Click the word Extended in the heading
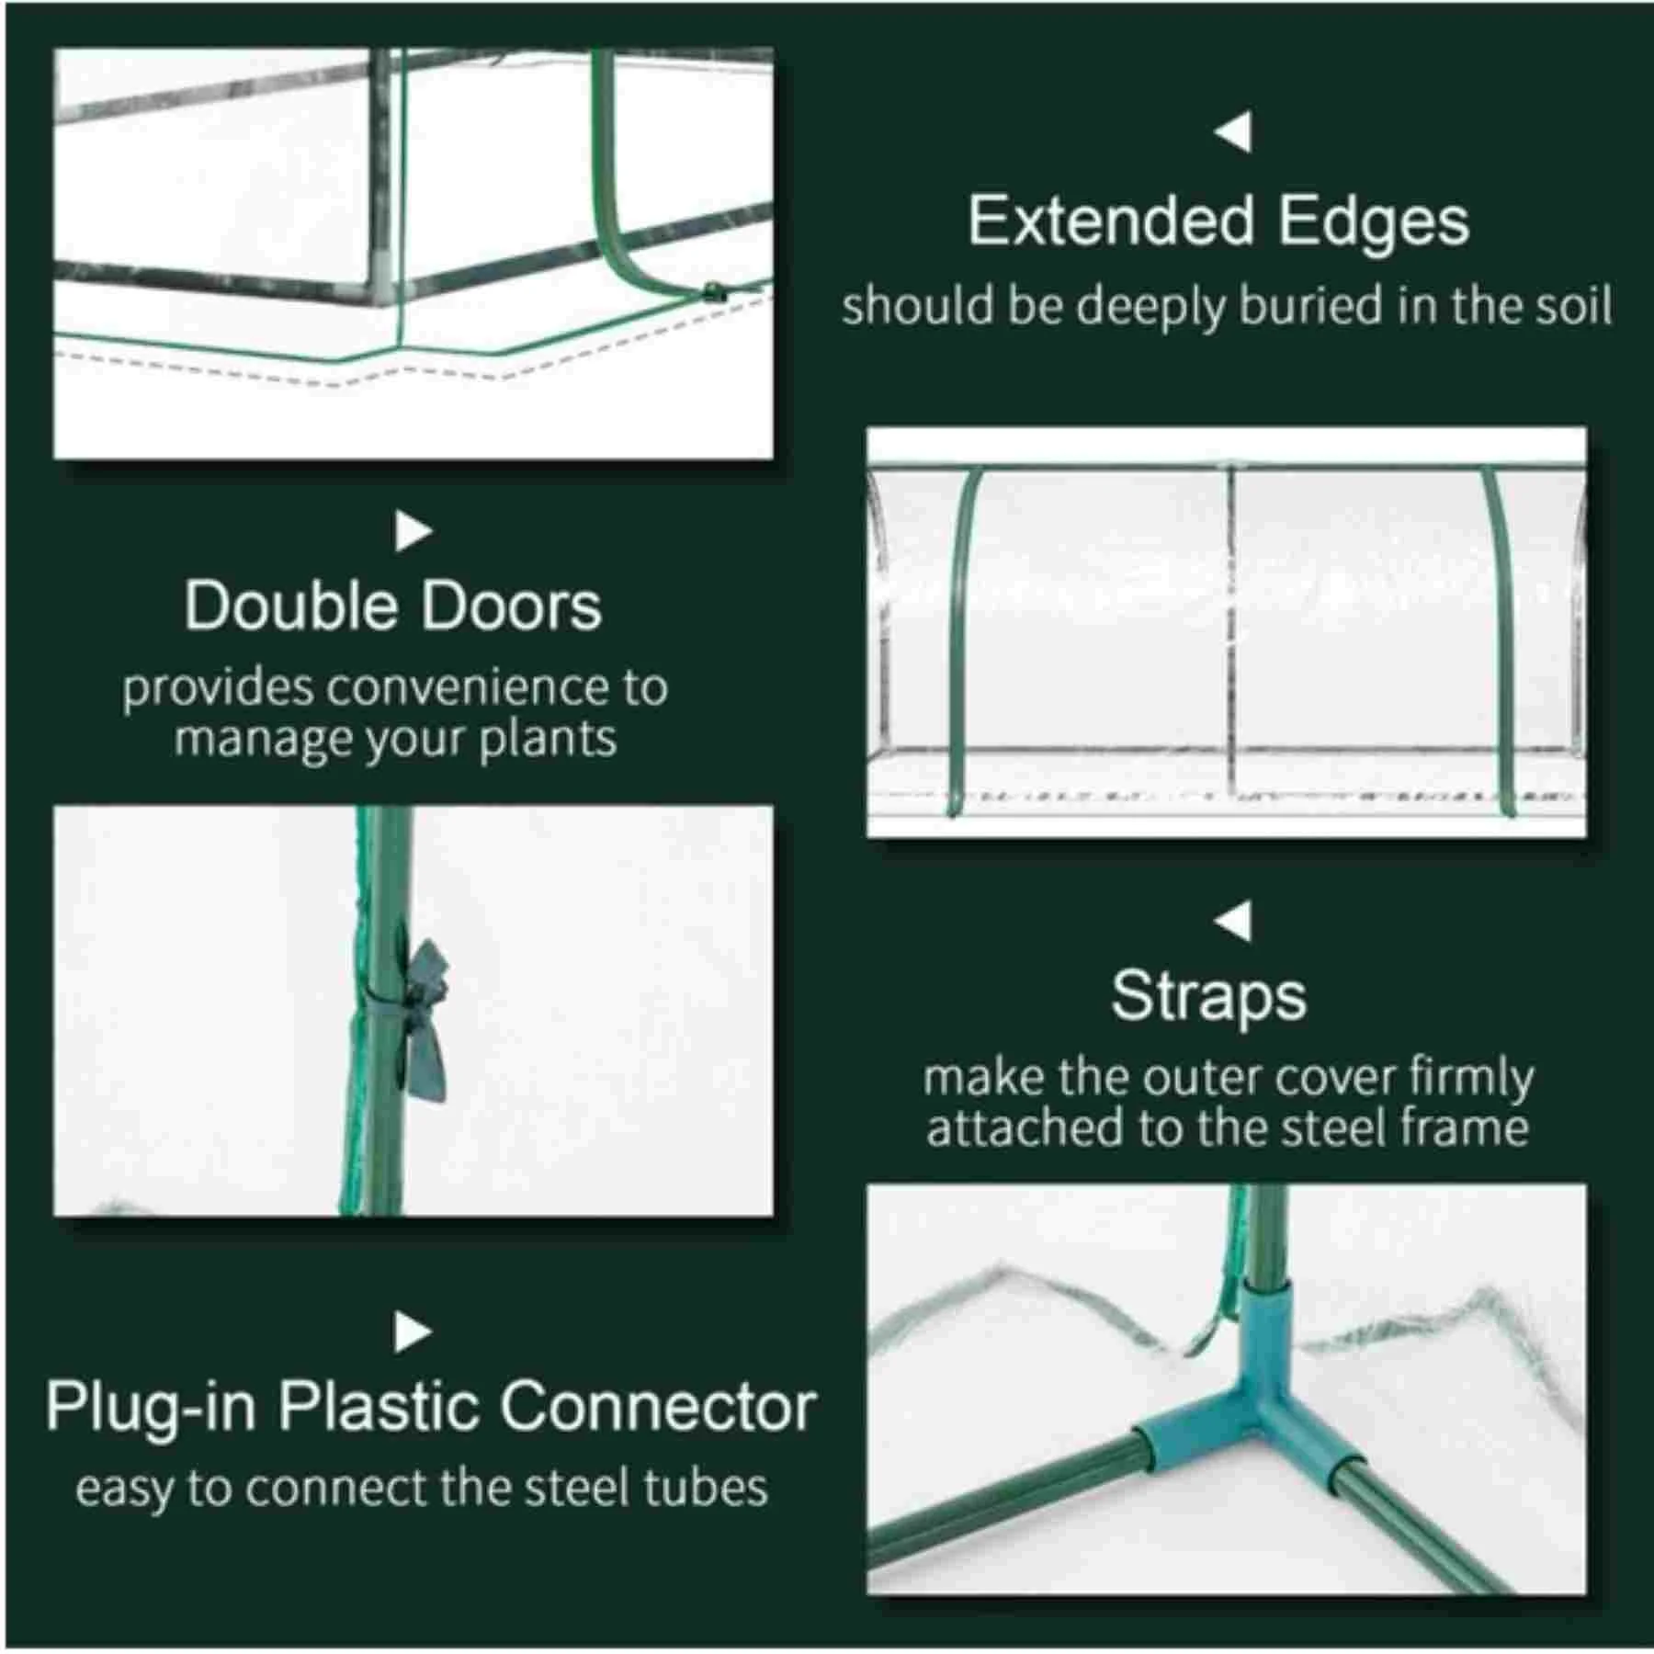click(1110, 222)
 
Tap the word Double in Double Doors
click(290, 606)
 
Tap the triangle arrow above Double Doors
click(413, 531)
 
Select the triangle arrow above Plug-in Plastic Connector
click(413, 1331)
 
